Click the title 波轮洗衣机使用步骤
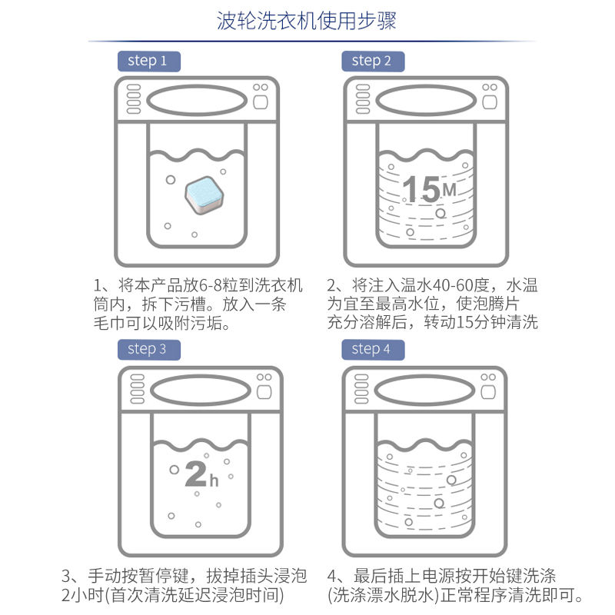[306, 21]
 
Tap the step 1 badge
[149, 61]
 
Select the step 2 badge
[373, 61]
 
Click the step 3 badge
[149, 350]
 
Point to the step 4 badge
[373, 350]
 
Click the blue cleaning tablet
[204, 195]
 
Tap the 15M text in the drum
[429, 189]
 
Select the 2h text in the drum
[201, 474]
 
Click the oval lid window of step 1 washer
[197, 101]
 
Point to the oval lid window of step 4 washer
[425, 391]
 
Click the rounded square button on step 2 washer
[490, 102]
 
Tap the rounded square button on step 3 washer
[264, 392]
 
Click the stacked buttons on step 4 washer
[361, 389]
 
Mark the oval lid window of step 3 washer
[201, 391]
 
